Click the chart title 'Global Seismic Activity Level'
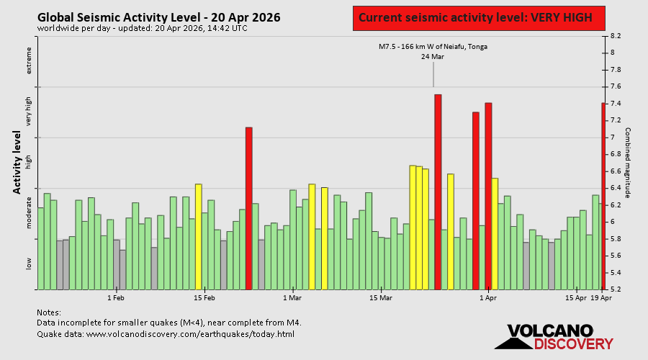(158, 17)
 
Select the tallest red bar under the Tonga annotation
(438, 192)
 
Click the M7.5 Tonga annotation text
(433, 47)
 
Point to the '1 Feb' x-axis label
(115, 297)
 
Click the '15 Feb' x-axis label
(204, 297)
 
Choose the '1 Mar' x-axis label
(292, 297)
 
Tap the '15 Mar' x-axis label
(381, 297)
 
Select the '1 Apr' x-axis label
(487, 297)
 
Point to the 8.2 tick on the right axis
(616, 35)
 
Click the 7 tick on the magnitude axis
(612, 138)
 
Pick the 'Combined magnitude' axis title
(627, 163)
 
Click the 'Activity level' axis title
(17, 162)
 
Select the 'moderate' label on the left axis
(30, 212)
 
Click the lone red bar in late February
(249, 208)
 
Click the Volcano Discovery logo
(550, 337)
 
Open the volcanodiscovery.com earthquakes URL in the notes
(190, 334)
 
